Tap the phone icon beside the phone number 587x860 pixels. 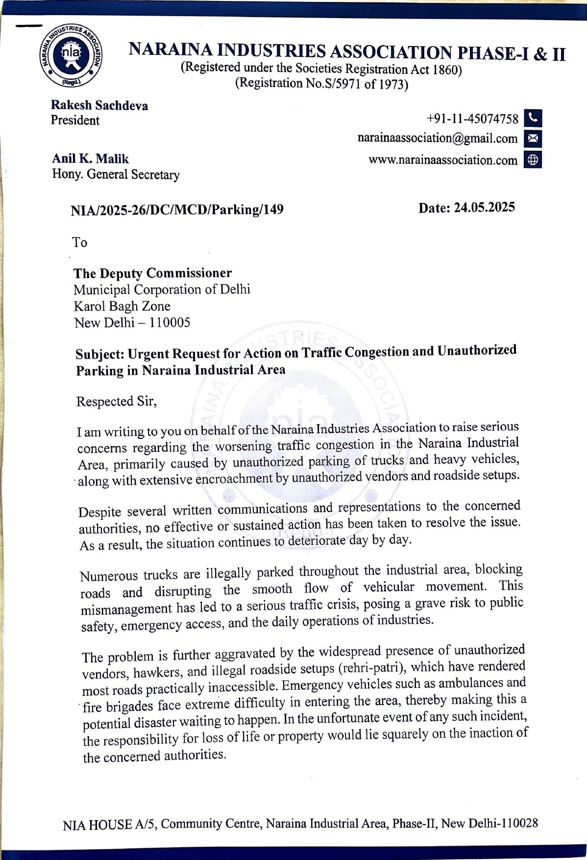(533, 119)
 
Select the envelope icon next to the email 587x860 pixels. (533, 139)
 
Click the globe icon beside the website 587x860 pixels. (533, 160)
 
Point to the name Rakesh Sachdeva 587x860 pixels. (99, 105)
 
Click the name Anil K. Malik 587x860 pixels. (90, 159)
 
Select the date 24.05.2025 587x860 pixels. (484, 207)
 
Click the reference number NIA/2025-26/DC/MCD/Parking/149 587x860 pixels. (177, 210)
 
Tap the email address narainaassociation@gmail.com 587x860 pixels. (437, 139)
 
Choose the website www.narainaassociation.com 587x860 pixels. (442, 160)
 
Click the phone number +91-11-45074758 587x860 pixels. (472, 119)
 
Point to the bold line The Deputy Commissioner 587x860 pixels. (152, 273)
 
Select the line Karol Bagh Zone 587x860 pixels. (122, 306)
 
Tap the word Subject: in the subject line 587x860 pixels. (100, 354)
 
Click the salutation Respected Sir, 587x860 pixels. (117, 401)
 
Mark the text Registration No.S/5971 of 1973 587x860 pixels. (322, 83)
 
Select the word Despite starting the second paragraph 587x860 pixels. (99, 512)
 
